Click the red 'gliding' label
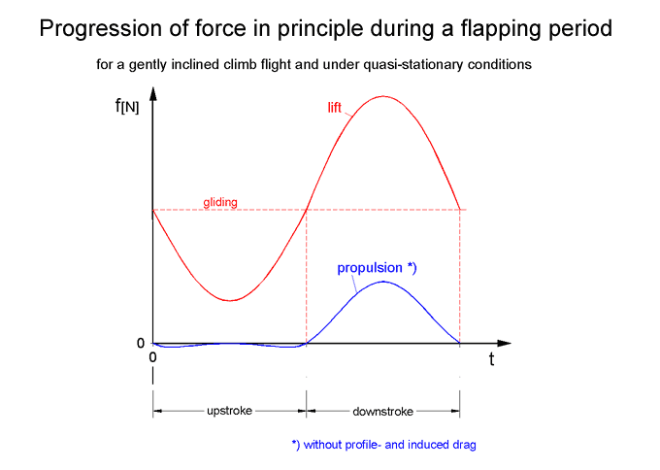220,203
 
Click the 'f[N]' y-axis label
126,106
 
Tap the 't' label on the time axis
491,359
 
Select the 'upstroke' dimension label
230,411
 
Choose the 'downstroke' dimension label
382,411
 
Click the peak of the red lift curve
383,96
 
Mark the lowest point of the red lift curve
230,300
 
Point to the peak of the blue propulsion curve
384,282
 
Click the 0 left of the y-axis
140,343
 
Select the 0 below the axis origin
153,357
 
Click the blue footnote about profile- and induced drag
383,445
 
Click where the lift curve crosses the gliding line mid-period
307,210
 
